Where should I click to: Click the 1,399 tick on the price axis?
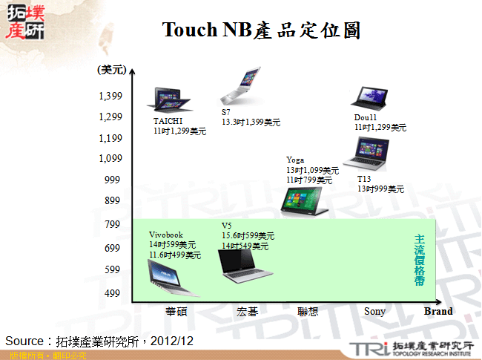coord(110,96)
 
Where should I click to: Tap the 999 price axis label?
coord(111,180)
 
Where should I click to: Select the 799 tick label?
coord(111,223)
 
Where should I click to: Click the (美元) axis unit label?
coord(109,70)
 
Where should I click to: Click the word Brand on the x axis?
coord(438,312)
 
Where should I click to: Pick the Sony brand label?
coord(374,312)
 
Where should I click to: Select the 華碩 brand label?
coord(175,312)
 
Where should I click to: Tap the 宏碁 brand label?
coord(248,312)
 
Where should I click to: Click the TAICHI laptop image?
coord(168,99)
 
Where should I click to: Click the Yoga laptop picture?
coord(304,201)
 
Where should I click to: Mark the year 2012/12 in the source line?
coord(174,341)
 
